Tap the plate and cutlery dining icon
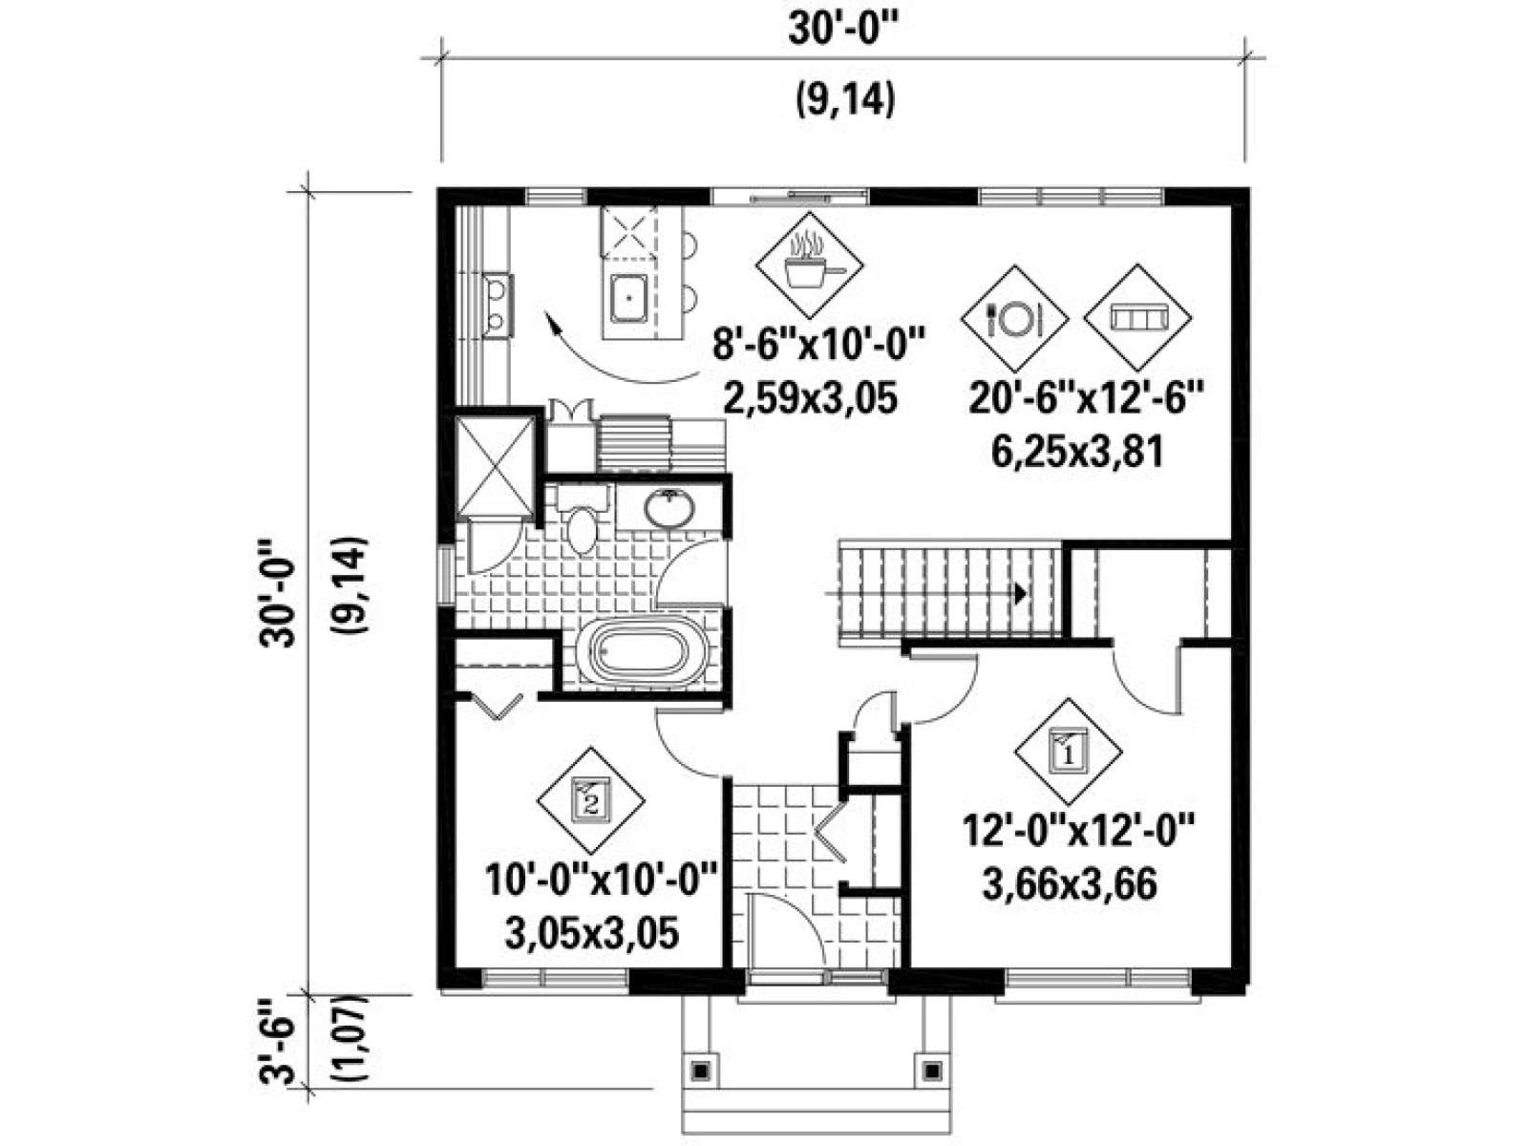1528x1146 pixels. click(x=1013, y=319)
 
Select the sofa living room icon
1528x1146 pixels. click(x=1136, y=317)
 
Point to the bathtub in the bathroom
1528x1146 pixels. click(x=642, y=650)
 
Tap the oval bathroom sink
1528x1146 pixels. click(x=668, y=509)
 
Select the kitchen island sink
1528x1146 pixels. click(x=628, y=297)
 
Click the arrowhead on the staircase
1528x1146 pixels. click(x=1020, y=593)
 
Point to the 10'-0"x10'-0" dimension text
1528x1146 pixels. click(x=602, y=881)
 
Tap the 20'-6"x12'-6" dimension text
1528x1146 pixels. click(x=1087, y=401)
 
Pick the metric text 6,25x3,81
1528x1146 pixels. click(x=1077, y=453)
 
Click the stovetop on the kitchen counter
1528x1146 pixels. click(x=498, y=307)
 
